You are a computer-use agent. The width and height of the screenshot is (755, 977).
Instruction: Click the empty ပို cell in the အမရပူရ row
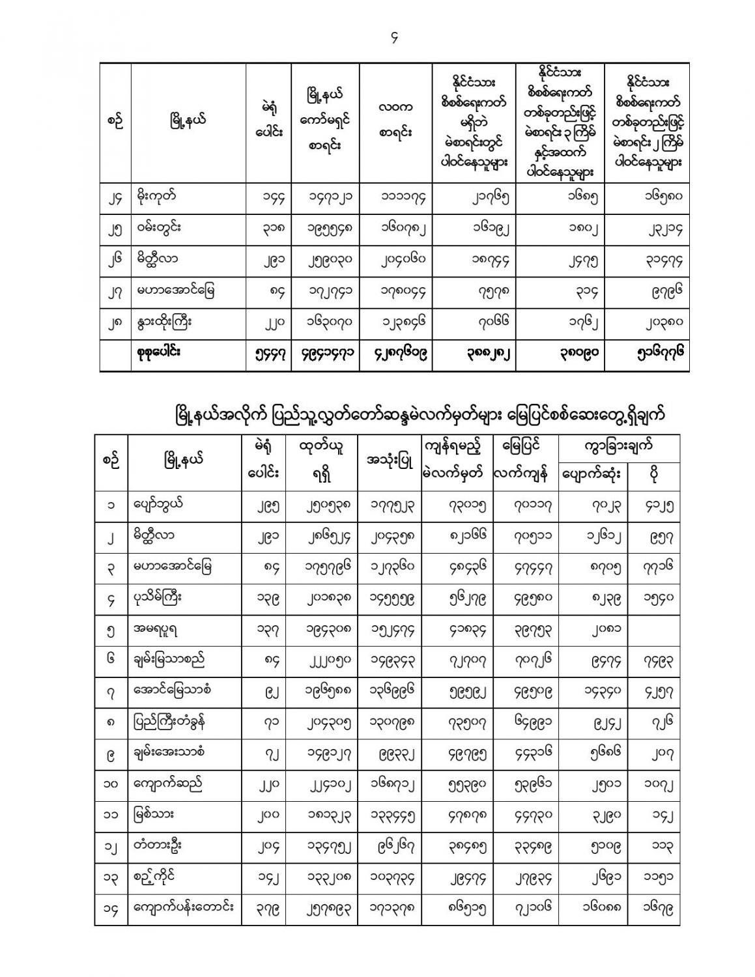coord(653,630)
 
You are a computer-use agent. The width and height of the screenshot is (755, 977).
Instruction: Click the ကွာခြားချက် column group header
coord(618,447)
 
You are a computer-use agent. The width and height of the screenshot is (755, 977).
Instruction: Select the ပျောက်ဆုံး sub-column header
coord(592,476)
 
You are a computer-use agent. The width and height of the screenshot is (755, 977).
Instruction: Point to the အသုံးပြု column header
coord(390,462)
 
